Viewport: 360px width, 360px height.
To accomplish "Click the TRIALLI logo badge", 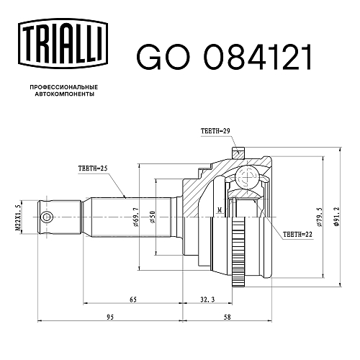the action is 63,44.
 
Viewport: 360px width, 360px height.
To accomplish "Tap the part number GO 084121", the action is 225,58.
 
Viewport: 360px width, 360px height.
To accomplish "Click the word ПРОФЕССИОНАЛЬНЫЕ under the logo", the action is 64,87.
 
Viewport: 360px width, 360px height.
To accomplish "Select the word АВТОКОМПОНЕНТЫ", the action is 64,94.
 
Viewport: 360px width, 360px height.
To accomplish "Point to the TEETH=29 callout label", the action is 215,131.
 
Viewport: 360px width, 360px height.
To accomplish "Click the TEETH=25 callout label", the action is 93,168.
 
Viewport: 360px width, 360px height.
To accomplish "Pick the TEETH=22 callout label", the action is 297,234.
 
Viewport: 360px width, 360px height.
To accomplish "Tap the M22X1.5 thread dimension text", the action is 18,217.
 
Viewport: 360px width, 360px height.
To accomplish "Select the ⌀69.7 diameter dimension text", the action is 135,217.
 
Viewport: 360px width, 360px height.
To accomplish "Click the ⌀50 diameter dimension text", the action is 153,217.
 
